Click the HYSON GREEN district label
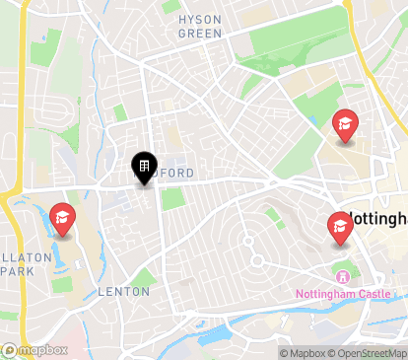(x=199, y=26)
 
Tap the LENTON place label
(x=124, y=292)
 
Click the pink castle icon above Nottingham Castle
(x=342, y=275)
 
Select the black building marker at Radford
(x=143, y=165)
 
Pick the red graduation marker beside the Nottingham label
(x=340, y=229)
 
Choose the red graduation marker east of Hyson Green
(x=345, y=125)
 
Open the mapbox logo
(x=34, y=349)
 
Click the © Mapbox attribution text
(x=305, y=352)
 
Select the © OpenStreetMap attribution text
(x=370, y=352)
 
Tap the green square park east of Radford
(x=172, y=199)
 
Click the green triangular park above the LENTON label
(x=145, y=278)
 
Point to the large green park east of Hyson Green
(x=286, y=44)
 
